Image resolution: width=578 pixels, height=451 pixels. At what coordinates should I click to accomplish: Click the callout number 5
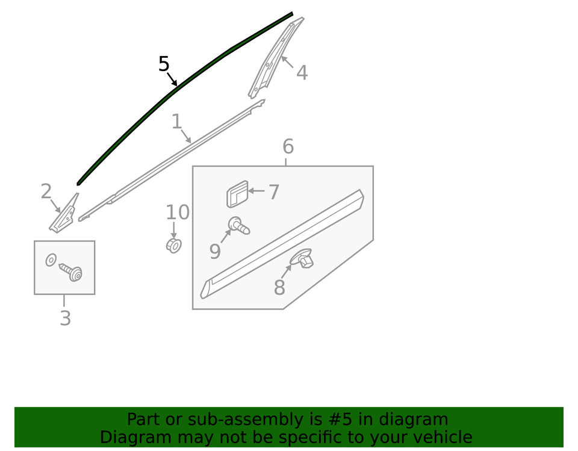164,64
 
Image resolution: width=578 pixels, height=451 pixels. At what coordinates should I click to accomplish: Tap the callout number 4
302,73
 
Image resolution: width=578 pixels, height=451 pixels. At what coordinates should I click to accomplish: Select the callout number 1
177,121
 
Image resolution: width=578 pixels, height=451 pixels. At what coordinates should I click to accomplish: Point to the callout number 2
46,191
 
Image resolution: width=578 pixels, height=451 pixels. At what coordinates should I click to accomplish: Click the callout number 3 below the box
65,318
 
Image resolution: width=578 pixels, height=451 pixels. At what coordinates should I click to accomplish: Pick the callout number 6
288,146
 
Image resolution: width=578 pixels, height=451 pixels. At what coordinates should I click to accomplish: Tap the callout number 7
273,192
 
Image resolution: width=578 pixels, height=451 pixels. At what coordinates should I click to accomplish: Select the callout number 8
279,287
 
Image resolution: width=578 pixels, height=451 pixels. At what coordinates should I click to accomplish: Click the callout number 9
215,251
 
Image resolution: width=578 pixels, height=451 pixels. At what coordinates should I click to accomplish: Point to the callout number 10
178,213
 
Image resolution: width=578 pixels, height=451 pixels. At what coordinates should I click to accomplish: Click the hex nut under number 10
173,246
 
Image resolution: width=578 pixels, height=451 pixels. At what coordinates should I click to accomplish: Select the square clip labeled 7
237,194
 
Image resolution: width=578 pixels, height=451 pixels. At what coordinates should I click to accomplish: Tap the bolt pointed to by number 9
239,225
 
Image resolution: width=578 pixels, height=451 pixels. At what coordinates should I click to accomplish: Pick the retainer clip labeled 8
302,258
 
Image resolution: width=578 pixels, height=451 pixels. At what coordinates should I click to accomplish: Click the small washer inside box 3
51,260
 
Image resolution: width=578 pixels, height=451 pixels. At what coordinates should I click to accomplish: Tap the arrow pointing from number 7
256,191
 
